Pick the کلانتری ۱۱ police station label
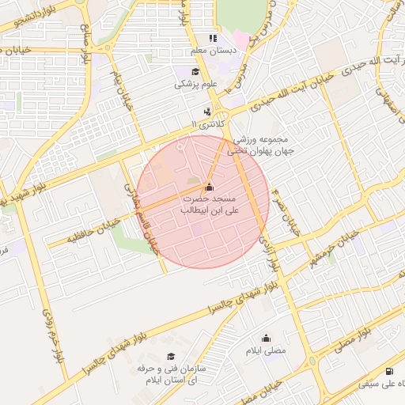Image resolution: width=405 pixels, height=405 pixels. [207, 125]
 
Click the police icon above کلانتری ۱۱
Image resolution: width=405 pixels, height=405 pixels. [207, 112]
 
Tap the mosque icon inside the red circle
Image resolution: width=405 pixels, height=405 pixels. [208, 187]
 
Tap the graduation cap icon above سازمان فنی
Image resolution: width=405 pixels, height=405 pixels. [170, 358]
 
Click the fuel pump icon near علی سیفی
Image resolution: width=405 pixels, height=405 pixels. [388, 371]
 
